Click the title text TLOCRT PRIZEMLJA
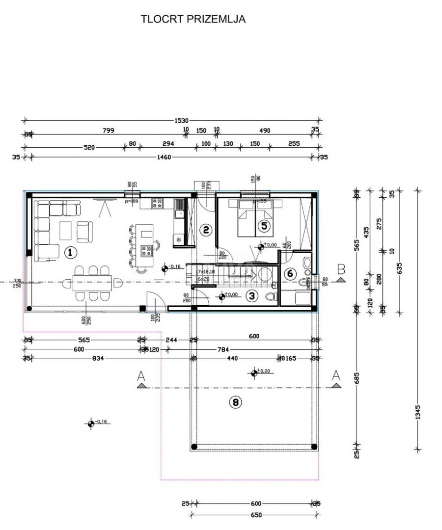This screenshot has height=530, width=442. point(193,19)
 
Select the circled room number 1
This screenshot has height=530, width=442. point(70,252)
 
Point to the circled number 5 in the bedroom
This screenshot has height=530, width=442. point(264,226)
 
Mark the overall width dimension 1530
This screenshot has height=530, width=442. point(180,120)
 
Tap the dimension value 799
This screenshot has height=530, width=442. point(109,131)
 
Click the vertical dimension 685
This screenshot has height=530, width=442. point(357,378)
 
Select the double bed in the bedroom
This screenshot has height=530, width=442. point(255,218)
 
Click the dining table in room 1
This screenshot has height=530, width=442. point(92,282)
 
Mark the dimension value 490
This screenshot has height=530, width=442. point(265,131)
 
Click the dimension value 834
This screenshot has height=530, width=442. point(98,358)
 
